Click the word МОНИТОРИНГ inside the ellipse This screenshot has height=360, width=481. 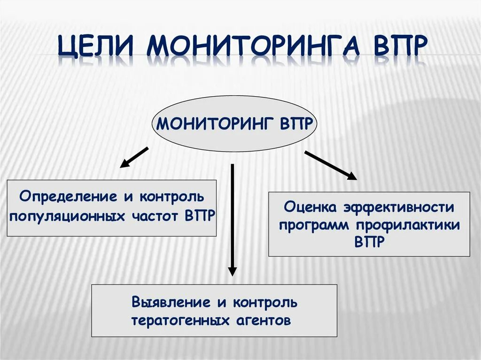216,124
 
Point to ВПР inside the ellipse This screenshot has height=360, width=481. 296,124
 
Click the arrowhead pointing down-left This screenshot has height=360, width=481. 124,164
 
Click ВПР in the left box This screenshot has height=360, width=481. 200,216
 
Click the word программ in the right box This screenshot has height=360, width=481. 313,225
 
